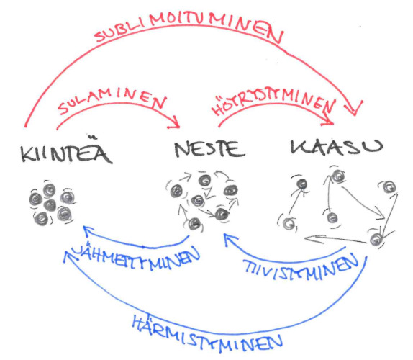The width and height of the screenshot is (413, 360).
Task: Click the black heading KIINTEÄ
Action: pos(66,150)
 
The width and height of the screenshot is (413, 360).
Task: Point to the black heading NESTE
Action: pos(209,149)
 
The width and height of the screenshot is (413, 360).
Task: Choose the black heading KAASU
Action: pos(337,147)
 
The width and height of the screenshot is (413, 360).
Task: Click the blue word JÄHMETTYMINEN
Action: pos(137,256)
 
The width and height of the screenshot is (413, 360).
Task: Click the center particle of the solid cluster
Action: pos(50,205)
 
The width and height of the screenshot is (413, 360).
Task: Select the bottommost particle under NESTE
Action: pos(194,224)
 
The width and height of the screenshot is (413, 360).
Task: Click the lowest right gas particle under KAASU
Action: pos(376,239)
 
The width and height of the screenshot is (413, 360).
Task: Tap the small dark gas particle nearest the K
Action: pos(302,184)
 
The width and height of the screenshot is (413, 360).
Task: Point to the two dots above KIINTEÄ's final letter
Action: pos(93,137)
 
